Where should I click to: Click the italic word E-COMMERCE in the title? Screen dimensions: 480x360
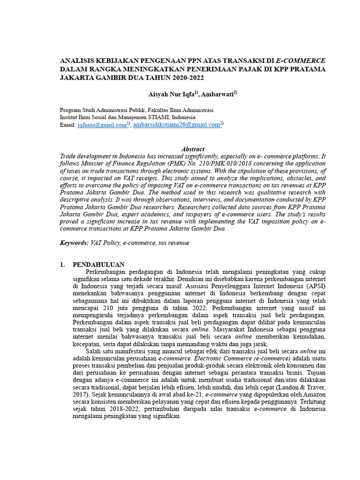pos(300,60)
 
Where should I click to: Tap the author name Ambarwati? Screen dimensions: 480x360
pos(218,94)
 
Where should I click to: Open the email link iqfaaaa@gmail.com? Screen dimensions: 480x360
pos(101,125)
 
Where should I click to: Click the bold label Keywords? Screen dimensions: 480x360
pos(74,243)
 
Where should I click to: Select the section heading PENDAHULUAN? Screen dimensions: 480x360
pos(98,265)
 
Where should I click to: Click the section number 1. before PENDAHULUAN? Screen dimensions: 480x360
pos(62,265)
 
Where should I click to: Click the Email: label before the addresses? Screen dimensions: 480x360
pos(67,125)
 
